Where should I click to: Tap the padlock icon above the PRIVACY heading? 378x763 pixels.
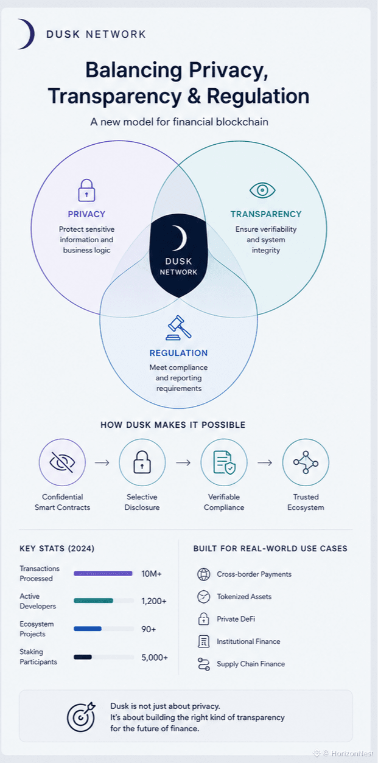point(86,190)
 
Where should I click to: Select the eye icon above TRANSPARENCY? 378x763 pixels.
point(262,190)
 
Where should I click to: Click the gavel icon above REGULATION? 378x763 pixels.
point(178,328)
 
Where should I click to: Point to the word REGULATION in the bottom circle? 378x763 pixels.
point(178,353)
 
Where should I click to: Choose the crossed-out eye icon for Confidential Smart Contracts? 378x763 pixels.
point(62,462)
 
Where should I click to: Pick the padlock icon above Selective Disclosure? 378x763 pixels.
point(142,462)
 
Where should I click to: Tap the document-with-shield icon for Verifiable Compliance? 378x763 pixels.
point(224,462)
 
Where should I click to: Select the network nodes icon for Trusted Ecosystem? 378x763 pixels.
point(306,462)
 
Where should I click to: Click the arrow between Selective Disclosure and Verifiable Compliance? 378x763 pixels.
point(183,462)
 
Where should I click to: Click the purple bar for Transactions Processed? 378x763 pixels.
point(103,574)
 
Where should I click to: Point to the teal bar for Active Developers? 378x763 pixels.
point(93,601)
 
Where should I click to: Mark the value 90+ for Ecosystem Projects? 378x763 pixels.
point(149,629)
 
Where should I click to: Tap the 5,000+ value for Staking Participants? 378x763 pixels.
point(155,657)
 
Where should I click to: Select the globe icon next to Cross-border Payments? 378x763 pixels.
point(203,574)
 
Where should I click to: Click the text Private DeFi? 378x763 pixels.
point(236,619)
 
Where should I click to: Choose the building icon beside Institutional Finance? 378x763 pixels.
point(203,641)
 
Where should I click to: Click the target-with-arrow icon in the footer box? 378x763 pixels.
point(81,717)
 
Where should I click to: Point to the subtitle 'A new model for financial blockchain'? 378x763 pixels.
point(180,122)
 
